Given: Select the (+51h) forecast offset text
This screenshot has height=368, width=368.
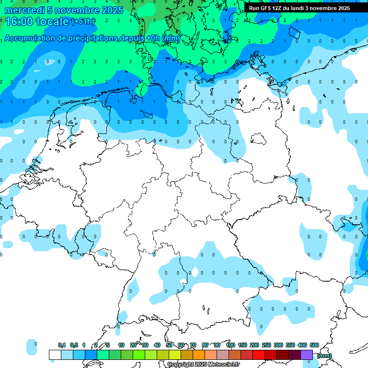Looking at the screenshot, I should click(x=83, y=22).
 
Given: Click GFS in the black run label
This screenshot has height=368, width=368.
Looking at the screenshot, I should click(x=264, y=8).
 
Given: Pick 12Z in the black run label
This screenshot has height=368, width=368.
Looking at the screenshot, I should click(x=277, y=8).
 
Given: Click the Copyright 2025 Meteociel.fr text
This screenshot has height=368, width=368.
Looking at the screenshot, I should click(x=203, y=365).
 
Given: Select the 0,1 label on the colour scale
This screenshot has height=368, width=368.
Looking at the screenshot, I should click(x=62, y=345).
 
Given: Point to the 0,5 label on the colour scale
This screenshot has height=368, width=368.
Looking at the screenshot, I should click(x=74, y=345).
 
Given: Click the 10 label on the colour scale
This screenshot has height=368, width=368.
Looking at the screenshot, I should click(x=121, y=345).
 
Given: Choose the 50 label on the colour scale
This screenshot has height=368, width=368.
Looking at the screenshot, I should click(x=169, y=345).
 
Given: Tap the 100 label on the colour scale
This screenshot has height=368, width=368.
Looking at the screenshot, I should click(x=230, y=345).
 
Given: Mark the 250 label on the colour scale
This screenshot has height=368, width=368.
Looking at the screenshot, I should click(x=266, y=345).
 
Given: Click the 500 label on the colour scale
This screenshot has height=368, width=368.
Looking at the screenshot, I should click(x=314, y=345).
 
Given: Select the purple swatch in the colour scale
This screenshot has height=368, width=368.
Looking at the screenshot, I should click(x=307, y=355).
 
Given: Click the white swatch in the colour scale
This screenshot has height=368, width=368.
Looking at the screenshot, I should click(x=55, y=355).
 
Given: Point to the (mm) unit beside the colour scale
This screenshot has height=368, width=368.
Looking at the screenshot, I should click(x=324, y=356).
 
